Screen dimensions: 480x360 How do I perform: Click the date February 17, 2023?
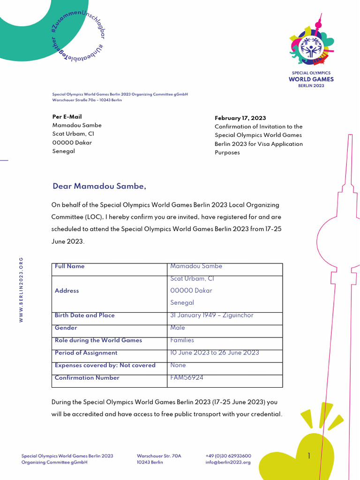pos(240,118)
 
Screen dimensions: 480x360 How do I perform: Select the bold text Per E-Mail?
pos(67,117)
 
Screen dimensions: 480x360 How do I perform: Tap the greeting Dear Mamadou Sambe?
pos(99,187)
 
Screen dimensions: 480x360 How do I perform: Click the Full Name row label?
pos(70,266)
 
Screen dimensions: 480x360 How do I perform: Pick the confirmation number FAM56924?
pos(187,377)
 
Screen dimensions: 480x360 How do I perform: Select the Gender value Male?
pos(178,328)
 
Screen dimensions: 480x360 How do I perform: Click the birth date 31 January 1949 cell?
pos(211,315)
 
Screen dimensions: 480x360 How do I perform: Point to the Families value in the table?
pos(182,340)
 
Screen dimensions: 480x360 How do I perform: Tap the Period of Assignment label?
pos(86,353)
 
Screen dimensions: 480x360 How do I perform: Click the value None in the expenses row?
pos(178,365)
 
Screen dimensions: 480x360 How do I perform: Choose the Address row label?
pos(67,291)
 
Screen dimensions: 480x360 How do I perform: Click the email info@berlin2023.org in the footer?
pos(228,462)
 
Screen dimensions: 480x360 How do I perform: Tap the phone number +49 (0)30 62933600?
pos(228,456)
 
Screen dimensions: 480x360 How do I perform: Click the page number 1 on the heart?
pos(309,456)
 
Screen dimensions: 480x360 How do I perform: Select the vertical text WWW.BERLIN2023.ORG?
pos(21,289)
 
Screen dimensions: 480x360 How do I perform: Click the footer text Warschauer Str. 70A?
pos(159,456)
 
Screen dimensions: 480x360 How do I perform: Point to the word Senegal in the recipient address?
pos(63,151)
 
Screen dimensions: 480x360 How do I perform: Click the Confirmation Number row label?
pos(87,378)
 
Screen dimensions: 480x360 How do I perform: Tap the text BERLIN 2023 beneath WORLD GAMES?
pos(311,86)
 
